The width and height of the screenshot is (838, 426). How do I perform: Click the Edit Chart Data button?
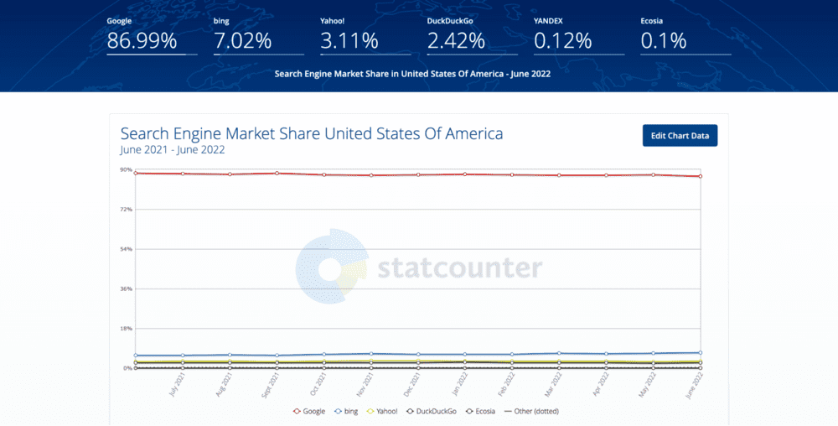click(680, 136)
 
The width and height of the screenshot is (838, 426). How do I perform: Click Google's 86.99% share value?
click(142, 40)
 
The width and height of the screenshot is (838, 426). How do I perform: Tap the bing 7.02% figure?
click(243, 40)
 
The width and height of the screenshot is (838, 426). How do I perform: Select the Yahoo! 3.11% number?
click(349, 40)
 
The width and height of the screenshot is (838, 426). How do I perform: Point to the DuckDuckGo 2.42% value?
click(456, 40)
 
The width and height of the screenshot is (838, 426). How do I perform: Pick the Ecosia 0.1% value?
click(664, 40)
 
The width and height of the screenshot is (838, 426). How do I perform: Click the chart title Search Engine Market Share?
click(312, 133)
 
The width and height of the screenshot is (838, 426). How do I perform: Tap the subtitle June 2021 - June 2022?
click(173, 150)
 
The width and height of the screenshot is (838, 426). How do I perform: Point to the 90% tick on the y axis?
click(126, 169)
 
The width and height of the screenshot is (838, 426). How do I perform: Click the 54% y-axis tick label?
click(126, 249)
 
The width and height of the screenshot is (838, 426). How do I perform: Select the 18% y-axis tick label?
click(126, 329)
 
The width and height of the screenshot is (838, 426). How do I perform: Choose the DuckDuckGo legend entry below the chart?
click(435, 411)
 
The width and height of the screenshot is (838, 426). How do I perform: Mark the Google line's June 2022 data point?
click(700, 176)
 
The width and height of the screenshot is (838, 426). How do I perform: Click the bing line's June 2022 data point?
click(700, 353)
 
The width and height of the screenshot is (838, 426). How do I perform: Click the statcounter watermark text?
click(459, 268)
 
